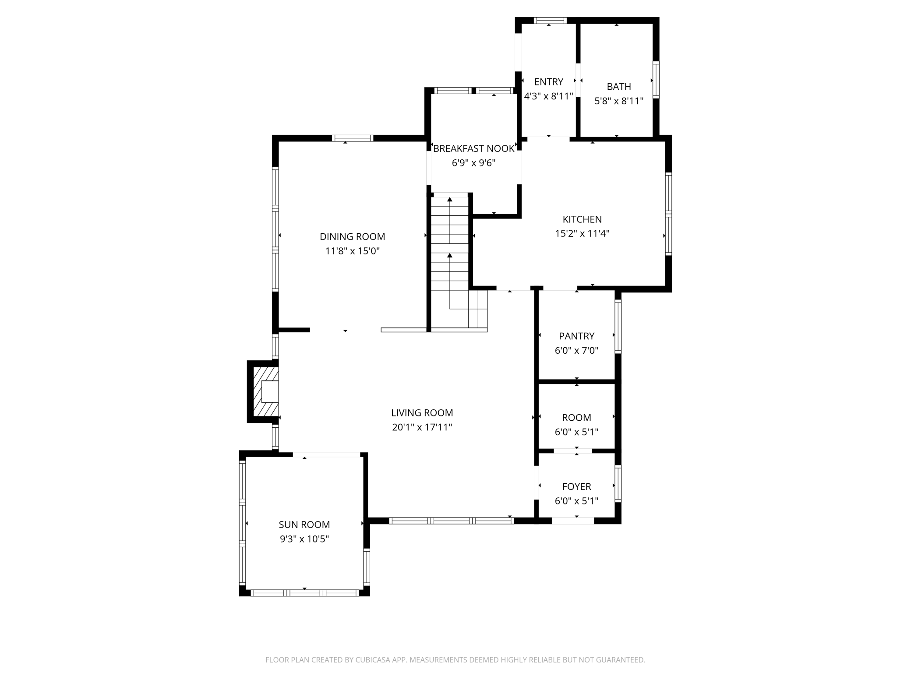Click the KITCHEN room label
click(582, 219)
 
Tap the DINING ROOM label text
click(353, 236)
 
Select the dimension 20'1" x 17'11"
click(422, 427)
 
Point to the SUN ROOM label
click(304, 525)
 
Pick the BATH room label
click(619, 87)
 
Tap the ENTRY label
click(549, 82)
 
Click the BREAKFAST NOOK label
click(473, 148)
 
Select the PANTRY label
click(576, 336)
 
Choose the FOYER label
click(576, 486)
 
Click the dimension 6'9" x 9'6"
click(473, 163)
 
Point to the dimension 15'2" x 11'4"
click(582, 233)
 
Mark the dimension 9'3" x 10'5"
click(304, 539)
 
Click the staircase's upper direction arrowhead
click(450, 200)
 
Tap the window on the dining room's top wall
click(353, 138)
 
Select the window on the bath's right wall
click(656, 80)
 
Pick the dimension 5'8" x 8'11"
click(619, 101)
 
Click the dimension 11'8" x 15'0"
click(353, 251)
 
